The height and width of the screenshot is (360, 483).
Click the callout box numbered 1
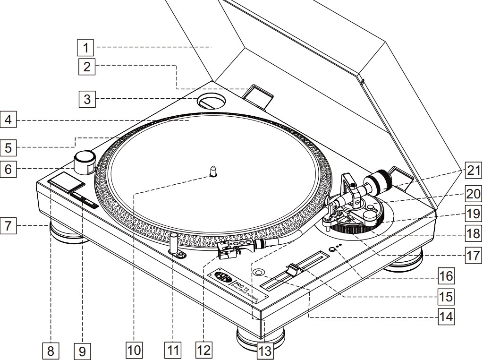click(86, 47)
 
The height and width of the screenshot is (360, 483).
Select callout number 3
click(86, 99)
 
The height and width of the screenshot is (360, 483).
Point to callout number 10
click(134, 350)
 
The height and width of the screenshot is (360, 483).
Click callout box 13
click(265, 351)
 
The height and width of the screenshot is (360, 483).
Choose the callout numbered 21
click(473, 171)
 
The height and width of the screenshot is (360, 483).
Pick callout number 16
click(445, 275)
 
